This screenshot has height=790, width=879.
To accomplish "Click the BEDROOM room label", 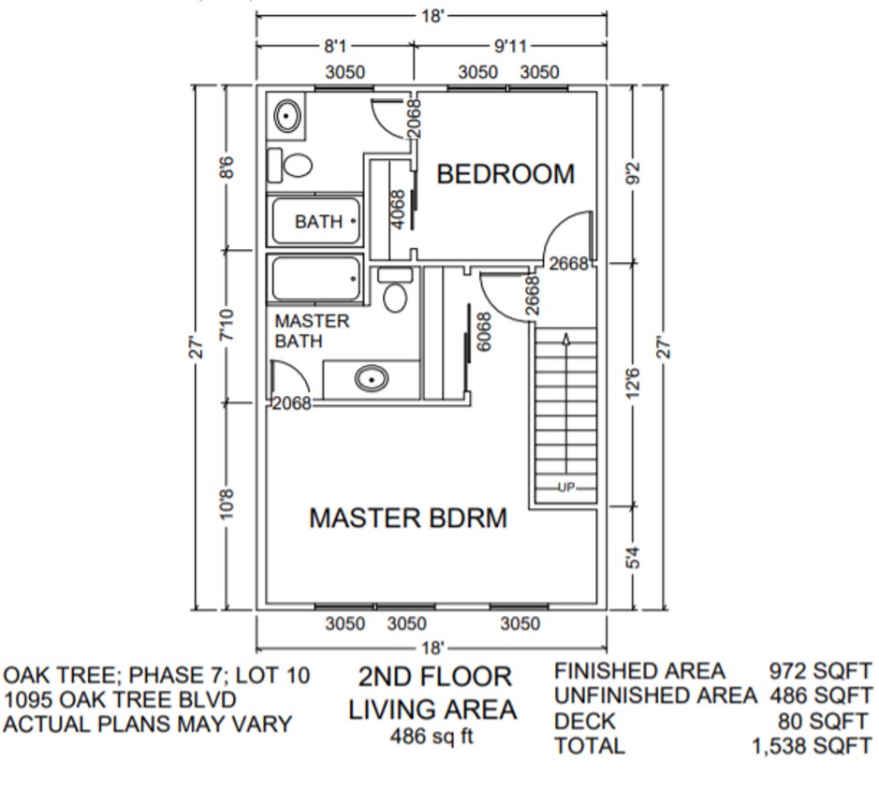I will click(x=505, y=174).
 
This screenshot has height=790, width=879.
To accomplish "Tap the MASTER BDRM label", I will click(x=408, y=518).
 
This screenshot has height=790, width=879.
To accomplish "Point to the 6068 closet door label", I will click(x=484, y=331).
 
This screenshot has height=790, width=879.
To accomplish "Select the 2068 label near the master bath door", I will click(x=291, y=404).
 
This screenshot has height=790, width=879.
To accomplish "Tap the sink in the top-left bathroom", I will click(x=286, y=117).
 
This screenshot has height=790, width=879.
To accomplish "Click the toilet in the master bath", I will click(x=396, y=293).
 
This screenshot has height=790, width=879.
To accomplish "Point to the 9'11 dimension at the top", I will click(x=508, y=47).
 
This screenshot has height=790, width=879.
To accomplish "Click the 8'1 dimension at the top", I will click(x=334, y=47).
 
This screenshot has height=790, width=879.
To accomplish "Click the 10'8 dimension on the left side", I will click(x=226, y=504).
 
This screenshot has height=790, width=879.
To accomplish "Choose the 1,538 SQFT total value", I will click(x=811, y=747).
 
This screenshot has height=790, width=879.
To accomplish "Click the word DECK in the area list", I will click(x=584, y=722).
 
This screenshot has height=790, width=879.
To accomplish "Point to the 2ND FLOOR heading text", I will click(x=435, y=677).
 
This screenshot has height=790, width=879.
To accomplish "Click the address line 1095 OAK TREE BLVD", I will click(x=119, y=699).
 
